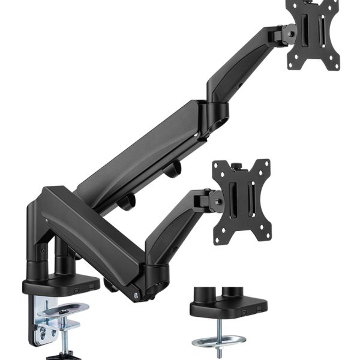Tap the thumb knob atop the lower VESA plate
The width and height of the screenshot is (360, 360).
coord(236,164)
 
